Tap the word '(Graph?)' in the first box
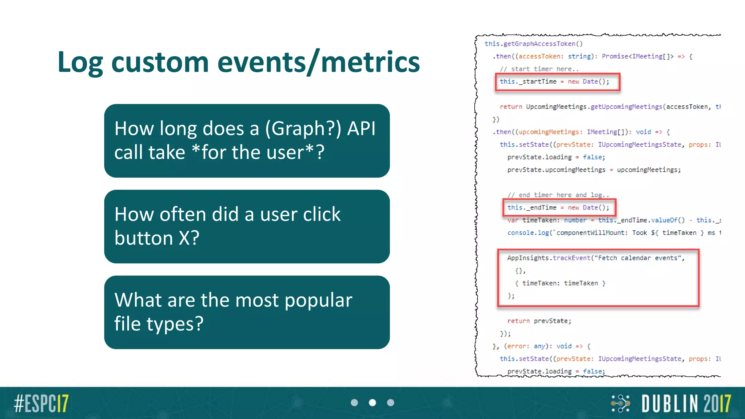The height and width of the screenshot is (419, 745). pyautogui.click(x=303, y=128)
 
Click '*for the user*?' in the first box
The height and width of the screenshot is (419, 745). pyautogui.click(x=258, y=152)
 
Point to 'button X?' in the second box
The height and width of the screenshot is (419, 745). pyautogui.click(x=157, y=238)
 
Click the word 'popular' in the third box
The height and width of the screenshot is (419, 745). pyautogui.click(x=318, y=300)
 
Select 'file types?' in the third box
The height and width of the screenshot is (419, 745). pyautogui.click(x=159, y=324)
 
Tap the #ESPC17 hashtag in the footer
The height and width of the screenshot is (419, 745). pyautogui.click(x=41, y=403)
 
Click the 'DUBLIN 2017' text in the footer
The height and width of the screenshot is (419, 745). pyautogui.click(x=686, y=403)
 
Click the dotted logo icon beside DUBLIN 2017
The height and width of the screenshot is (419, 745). pyautogui.click(x=621, y=403)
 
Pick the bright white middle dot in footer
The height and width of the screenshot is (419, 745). pyautogui.click(x=372, y=403)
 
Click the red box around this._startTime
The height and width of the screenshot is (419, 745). pyautogui.click(x=557, y=82)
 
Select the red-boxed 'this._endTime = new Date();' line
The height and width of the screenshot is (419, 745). pyautogui.click(x=559, y=208)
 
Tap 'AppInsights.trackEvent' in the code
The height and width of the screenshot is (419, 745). pyautogui.click(x=549, y=258)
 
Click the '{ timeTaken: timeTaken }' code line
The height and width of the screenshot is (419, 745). pyautogui.click(x=560, y=283)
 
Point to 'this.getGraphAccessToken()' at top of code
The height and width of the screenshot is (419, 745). pyautogui.click(x=533, y=44)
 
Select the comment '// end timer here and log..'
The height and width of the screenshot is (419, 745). pyautogui.click(x=558, y=195)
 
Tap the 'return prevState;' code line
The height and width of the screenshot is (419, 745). pyautogui.click(x=539, y=321)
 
